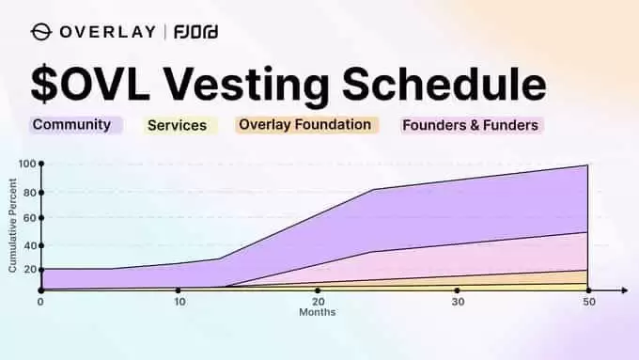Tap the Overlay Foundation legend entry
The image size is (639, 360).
[x=305, y=124]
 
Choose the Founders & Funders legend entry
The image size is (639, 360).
[x=472, y=124]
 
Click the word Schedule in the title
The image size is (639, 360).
[x=452, y=85]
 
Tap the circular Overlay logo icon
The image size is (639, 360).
[x=42, y=33]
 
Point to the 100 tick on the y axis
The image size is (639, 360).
[x=26, y=164]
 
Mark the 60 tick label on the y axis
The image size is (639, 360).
[x=29, y=218]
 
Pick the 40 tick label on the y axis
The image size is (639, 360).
[x=29, y=246]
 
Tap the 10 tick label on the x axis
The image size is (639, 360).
[x=179, y=303]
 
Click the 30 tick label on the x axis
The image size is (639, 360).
[x=458, y=303]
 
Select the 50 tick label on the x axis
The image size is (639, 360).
[x=587, y=303]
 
